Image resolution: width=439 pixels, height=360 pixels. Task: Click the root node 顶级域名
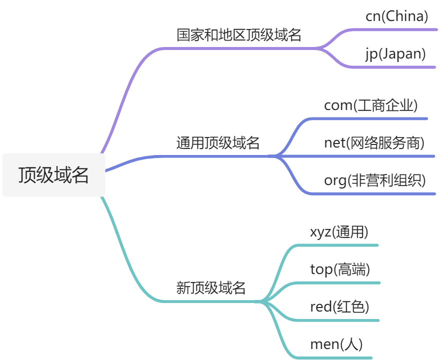(x=54, y=175)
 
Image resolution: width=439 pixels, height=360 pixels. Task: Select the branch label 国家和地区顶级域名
(x=239, y=35)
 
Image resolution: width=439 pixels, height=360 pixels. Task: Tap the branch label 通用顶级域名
(x=218, y=143)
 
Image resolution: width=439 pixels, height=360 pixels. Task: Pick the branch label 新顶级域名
(x=211, y=287)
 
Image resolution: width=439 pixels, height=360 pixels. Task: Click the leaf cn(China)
(x=397, y=16)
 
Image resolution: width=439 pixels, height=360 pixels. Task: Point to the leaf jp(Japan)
(x=395, y=54)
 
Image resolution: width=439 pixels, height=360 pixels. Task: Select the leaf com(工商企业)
(x=370, y=105)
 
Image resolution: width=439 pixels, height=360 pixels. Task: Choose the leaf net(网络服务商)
(x=374, y=143)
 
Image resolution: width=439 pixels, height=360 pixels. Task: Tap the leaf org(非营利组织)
(x=375, y=180)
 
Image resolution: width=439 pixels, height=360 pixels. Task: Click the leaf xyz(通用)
(x=339, y=232)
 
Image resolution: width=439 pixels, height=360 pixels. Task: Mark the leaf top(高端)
(x=340, y=269)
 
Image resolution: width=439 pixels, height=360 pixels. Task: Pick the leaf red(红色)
(x=339, y=307)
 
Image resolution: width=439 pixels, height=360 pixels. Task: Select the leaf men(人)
(x=336, y=344)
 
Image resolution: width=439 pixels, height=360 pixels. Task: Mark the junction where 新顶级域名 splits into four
(x=260, y=301)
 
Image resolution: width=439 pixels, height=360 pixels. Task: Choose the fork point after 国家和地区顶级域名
(x=320, y=48)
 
